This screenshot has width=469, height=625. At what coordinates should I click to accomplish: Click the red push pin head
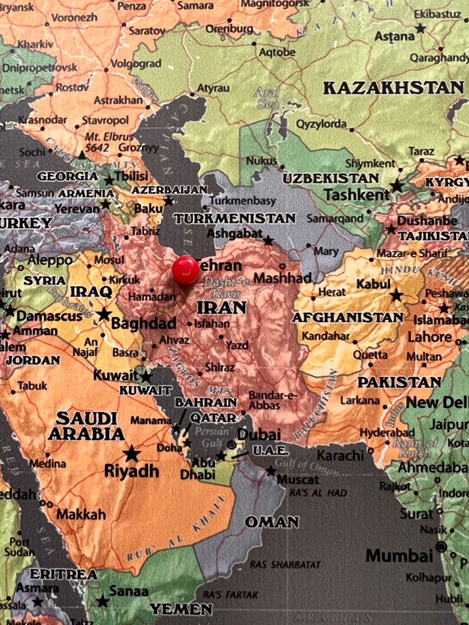click(x=186, y=270)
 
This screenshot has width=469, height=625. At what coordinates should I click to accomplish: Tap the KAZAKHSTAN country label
click(x=393, y=87)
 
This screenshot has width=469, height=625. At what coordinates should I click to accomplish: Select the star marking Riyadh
click(x=132, y=453)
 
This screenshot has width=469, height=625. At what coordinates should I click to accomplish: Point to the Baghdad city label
click(x=144, y=323)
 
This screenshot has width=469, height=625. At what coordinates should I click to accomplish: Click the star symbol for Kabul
click(x=397, y=296)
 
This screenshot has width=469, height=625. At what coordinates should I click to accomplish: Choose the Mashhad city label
click(x=282, y=278)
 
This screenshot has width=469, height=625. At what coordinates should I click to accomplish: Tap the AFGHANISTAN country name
click(x=348, y=317)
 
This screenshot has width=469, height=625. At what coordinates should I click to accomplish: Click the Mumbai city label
click(x=399, y=555)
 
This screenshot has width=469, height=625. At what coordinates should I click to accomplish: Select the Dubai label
click(x=259, y=434)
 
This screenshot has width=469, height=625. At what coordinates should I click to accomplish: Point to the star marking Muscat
click(x=271, y=471)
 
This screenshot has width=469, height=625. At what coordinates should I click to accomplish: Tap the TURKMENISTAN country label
click(x=234, y=218)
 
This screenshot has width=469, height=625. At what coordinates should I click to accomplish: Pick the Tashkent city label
click(x=356, y=195)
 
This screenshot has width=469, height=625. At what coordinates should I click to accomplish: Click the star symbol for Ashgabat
click(x=268, y=241)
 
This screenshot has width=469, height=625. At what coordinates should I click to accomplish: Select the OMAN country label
click(x=272, y=522)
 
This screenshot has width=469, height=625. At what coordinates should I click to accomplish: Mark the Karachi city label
click(x=340, y=455)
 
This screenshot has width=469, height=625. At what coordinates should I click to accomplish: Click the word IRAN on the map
click(x=221, y=307)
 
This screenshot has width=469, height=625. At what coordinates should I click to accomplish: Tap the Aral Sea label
click(x=266, y=98)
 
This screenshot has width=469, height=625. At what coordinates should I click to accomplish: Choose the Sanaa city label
click(x=129, y=592)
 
